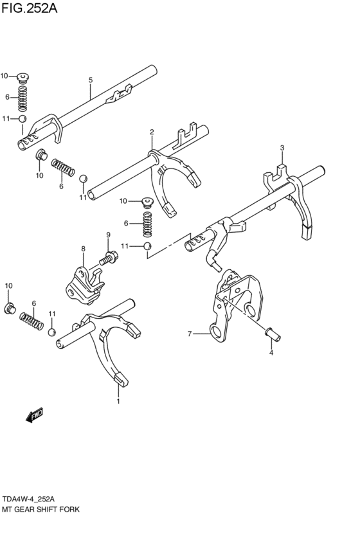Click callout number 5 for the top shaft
(x=91, y=80)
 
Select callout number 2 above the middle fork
(x=152, y=132)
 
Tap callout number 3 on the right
(x=282, y=148)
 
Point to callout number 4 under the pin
(x=271, y=352)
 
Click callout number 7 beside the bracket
(x=190, y=333)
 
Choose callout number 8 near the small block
(x=83, y=248)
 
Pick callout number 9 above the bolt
(x=109, y=235)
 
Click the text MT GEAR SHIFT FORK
(x=39, y=508)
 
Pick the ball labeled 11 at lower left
(x=52, y=332)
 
